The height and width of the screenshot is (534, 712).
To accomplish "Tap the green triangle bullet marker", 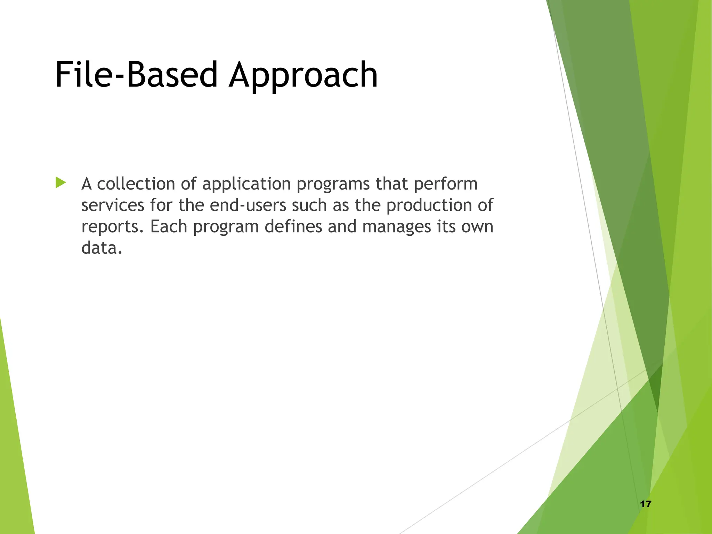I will [60, 183].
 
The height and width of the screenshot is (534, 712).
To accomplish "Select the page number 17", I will [646, 504].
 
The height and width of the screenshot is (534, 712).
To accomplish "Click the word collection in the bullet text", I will [136, 184].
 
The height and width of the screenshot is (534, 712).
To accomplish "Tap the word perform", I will [446, 184].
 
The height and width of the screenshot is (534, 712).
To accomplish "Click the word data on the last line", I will [101, 248].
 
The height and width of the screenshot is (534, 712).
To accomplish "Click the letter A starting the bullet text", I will [87, 184].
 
